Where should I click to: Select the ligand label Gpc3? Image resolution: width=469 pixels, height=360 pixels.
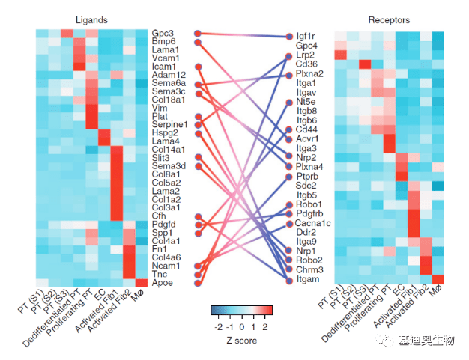163,34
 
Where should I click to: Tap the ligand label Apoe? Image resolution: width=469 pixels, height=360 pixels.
163,283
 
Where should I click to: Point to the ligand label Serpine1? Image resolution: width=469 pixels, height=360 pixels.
169,124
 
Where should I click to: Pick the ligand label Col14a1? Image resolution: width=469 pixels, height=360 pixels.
169,150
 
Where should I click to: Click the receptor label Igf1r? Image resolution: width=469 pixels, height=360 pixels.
306,36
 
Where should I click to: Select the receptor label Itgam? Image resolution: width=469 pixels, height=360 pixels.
308,279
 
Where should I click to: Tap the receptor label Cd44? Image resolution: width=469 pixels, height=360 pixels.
306,129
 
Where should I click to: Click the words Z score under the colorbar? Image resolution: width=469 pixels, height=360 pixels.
241,341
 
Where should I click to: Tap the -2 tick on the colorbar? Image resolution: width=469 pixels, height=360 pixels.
218,327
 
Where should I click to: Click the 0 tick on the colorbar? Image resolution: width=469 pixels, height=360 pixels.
242,327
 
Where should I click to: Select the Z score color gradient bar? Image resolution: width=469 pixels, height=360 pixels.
241,310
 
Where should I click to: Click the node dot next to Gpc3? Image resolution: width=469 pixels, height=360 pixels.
197,34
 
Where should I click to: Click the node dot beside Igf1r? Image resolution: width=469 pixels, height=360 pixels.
288,36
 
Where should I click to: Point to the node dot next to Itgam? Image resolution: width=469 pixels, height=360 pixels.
288,279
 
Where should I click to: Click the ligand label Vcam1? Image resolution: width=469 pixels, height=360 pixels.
165,58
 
